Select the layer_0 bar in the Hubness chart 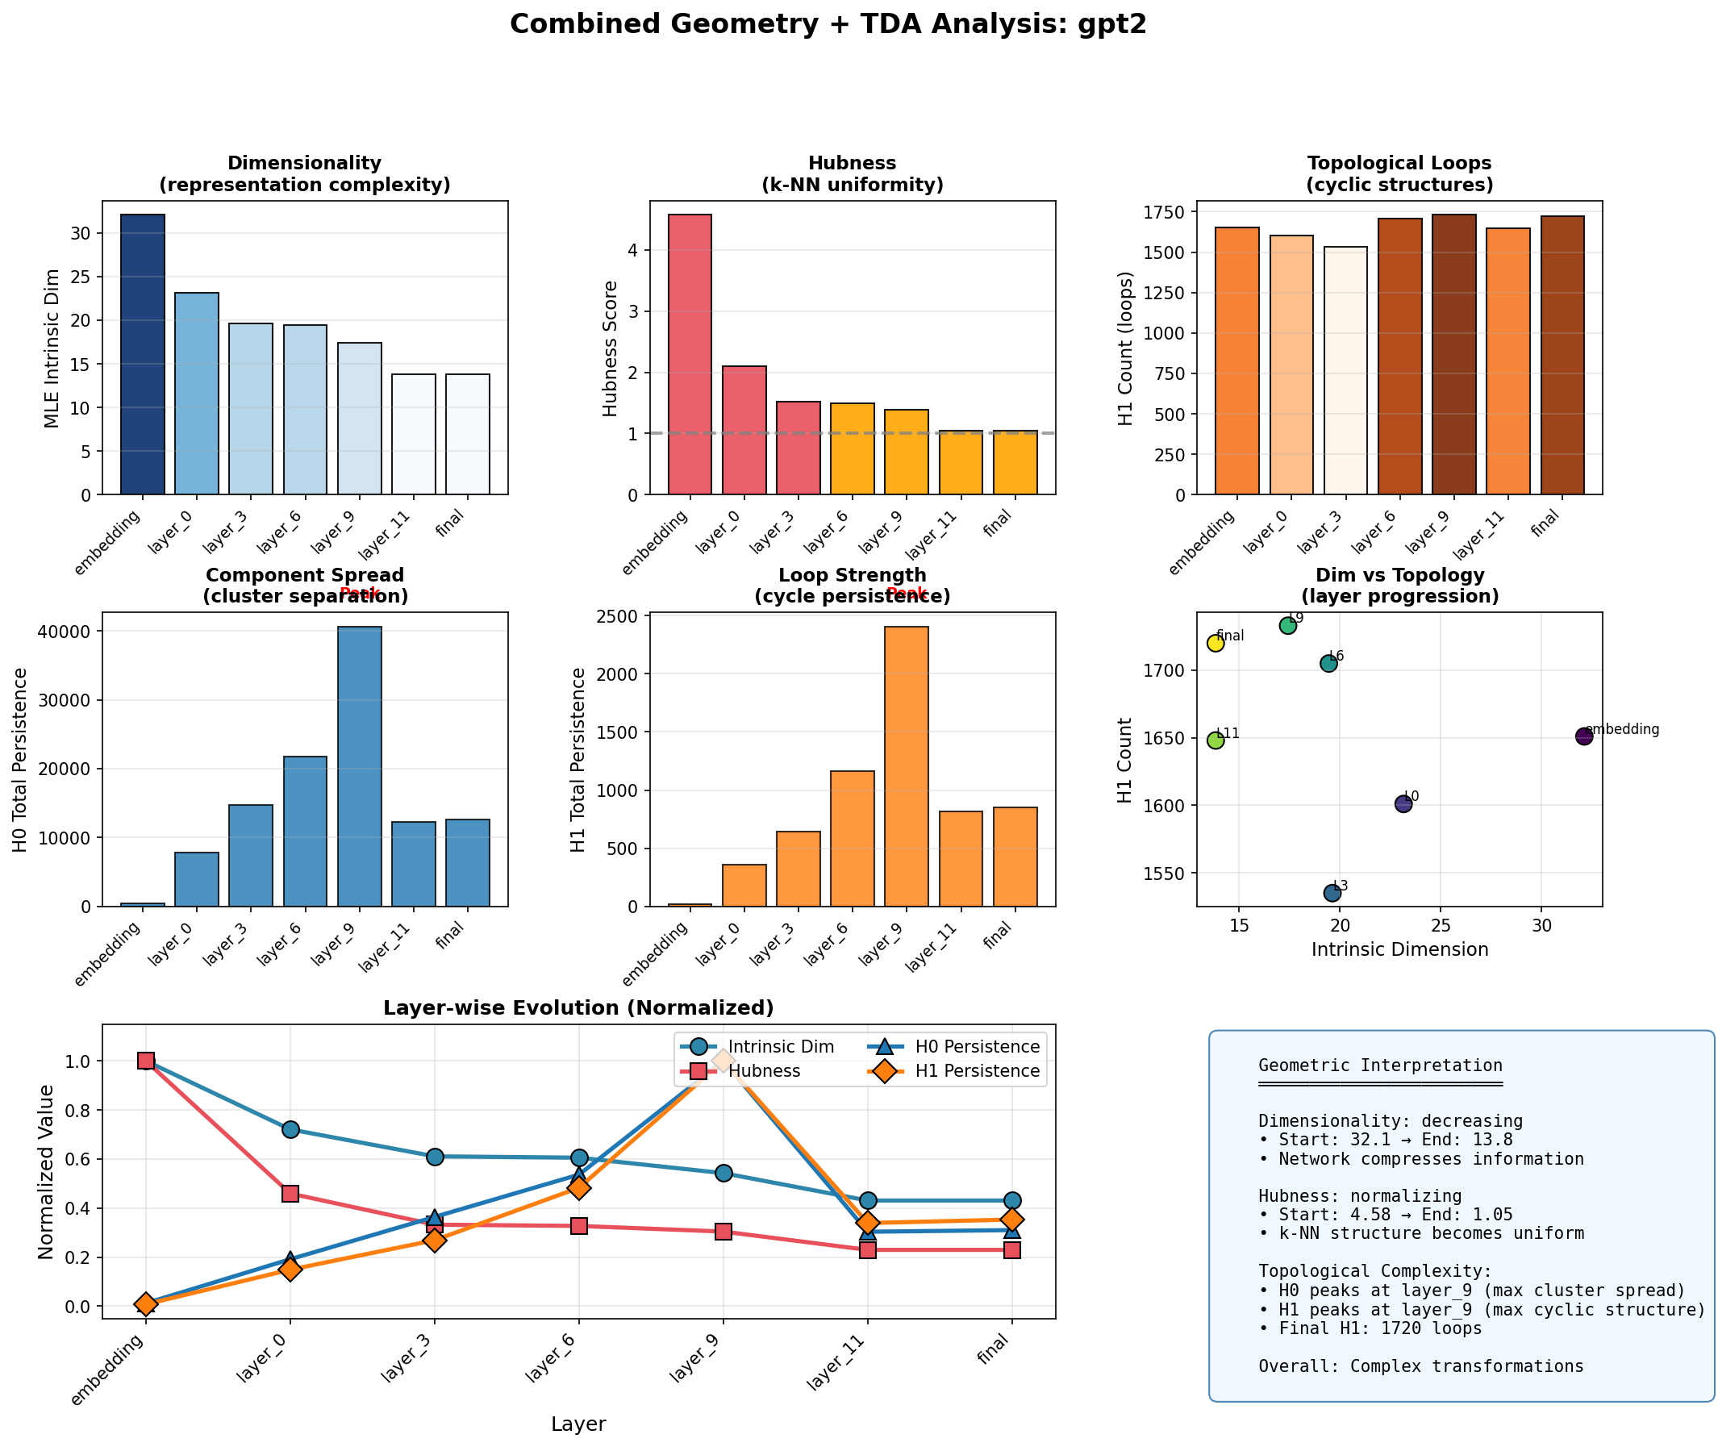pos(744,430)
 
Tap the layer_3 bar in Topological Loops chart pos(1345,370)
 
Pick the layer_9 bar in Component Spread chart pos(360,766)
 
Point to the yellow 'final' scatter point pos(1215,643)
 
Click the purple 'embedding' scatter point pos(1583,736)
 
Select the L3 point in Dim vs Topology pos(1332,893)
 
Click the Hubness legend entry pos(763,1071)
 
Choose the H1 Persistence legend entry pos(976,1071)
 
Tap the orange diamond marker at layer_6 pos(578,1187)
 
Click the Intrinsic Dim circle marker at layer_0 pos(290,1129)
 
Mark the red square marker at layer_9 pos(723,1232)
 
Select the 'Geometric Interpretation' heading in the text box pos(1379,1065)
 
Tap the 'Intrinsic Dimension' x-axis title pos(1399,950)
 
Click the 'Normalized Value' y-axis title pos(46,1170)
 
